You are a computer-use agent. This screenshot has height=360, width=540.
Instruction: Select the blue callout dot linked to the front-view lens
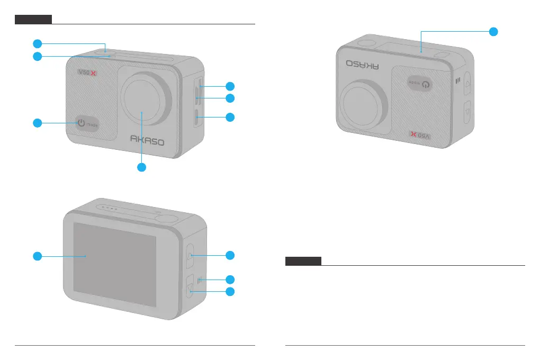(x=141, y=167)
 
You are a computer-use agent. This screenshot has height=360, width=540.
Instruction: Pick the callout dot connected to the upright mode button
(x=37, y=123)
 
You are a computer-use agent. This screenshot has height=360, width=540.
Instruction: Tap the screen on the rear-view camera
(x=114, y=264)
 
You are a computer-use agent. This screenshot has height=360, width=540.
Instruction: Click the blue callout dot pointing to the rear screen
(x=37, y=256)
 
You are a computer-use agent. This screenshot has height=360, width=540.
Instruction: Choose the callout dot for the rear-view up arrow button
(x=230, y=255)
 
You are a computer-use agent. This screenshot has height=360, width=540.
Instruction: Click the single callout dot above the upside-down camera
(x=493, y=31)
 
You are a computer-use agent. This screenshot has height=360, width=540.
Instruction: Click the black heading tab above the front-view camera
(x=33, y=20)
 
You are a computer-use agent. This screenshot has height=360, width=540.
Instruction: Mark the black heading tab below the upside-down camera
(x=303, y=261)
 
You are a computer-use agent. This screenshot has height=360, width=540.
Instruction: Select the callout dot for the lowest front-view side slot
(x=230, y=117)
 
